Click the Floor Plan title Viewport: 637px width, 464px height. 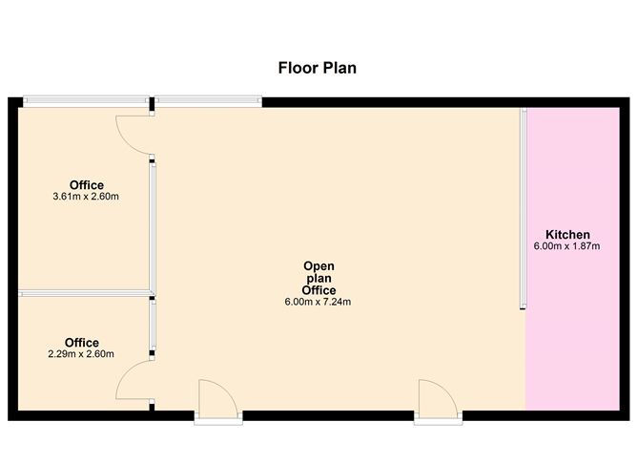pyautogui.click(x=318, y=68)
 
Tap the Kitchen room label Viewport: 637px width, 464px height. pyautogui.click(x=567, y=235)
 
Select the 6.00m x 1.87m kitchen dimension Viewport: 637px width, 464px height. pyautogui.click(x=566, y=246)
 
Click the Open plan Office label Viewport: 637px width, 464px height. pyautogui.click(x=318, y=278)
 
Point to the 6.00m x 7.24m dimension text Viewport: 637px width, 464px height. pyautogui.click(x=318, y=302)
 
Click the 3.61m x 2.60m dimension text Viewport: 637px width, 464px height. pyautogui.click(x=86, y=197)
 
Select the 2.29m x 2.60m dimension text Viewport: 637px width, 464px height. pyautogui.click(x=81, y=354)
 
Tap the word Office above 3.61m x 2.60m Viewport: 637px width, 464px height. pyautogui.click(x=87, y=185)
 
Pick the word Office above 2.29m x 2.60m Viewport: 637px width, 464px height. pyautogui.click(x=82, y=343)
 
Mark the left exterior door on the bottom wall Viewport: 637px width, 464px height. pyautogui.click(x=218, y=402)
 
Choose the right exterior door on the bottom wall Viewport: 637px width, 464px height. pyautogui.click(x=439, y=402)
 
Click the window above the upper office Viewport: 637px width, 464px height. pyautogui.click(x=86, y=101)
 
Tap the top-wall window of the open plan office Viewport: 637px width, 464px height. pyautogui.click(x=209, y=101)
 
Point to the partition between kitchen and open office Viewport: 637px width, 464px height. pyautogui.click(x=524, y=209)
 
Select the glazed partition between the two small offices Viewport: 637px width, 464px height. pyautogui.click(x=85, y=293)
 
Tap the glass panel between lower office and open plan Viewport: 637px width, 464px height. pyautogui.click(x=153, y=326)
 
